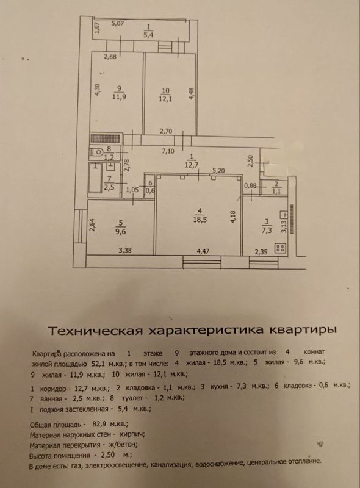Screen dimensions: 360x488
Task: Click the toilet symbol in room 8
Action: coord(96,152)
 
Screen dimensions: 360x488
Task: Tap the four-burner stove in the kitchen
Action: coord(280,248)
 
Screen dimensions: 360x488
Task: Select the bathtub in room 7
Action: coord(95,179)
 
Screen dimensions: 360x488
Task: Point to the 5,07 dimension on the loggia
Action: coord(118,23)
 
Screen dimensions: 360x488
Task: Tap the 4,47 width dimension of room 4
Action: coord(203,251)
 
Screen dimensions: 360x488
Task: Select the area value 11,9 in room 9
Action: coord(120,97)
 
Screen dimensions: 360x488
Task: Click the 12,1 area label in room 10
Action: coord(166,99)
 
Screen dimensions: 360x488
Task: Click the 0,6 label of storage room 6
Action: coord(150,191)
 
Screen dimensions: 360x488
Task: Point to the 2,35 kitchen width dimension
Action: coord(261,251)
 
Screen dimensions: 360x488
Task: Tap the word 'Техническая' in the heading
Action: coord(96,330)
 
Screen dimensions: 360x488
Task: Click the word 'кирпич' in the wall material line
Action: coord(132,434)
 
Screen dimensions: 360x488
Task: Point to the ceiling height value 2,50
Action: coord(108,455)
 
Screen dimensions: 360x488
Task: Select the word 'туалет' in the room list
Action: coord(132,398)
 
